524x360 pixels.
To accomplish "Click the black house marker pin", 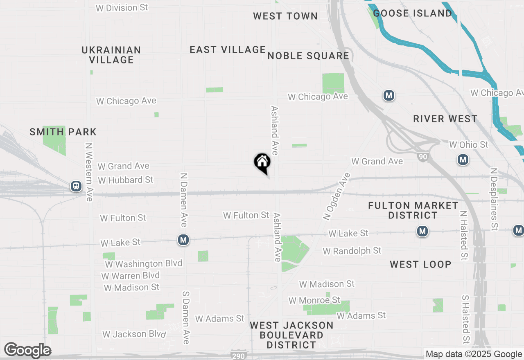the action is tap(262, 163).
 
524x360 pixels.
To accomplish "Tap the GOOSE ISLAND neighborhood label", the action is tap(413, 13).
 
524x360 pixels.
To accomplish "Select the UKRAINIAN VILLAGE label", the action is tap(111, 55).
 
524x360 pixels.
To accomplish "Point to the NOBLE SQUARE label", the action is tap(308, 56).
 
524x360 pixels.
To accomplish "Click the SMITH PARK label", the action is tap(63, 132).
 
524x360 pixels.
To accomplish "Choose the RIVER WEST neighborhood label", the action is tap(445, 119).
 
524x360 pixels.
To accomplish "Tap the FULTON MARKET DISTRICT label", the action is tap(413, 210).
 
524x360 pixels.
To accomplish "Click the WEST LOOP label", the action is tap(420, 264).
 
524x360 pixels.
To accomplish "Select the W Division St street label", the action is tap(122, 8).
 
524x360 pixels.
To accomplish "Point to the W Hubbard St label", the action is tap(125, 180).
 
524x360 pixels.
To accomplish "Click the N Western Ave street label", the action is tap(88, 172).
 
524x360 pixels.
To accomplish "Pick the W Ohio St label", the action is tap(469, 145).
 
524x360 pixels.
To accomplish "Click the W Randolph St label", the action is tap(352, 251).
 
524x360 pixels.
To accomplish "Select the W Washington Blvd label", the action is tap(143, 264).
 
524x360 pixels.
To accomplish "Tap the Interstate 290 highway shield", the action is tap(238, 355).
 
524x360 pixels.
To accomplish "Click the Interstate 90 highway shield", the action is tap(423, 156).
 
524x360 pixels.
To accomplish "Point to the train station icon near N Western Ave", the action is tap(76, 186).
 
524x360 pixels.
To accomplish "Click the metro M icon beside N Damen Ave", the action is tap(183, 240).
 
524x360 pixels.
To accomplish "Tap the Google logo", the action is tap(27, 350).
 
